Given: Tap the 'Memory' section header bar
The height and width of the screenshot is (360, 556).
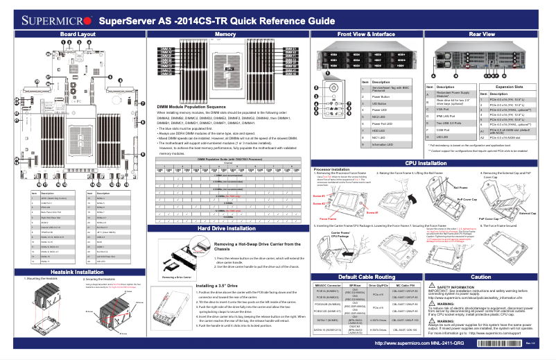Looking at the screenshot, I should pyautogui.click(x=225, y=33).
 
